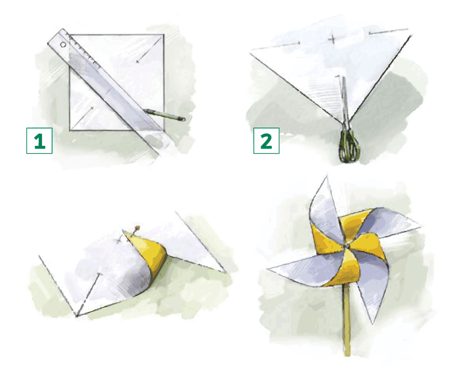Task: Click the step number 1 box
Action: click(39, 141)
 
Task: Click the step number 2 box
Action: click(267, 141)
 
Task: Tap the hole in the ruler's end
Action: click(63, 45)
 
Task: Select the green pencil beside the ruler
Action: click(164, 115)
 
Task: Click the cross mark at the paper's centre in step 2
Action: click(332, 39)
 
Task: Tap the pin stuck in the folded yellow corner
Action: click(134, 231)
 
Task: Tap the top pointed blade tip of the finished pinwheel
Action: click(327, 176)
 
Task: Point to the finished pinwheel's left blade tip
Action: click(267, 269)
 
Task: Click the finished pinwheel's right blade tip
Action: click(419, 227)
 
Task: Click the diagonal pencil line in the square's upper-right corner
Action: click(149, 50)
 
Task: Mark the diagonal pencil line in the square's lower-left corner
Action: click(82, 119)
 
